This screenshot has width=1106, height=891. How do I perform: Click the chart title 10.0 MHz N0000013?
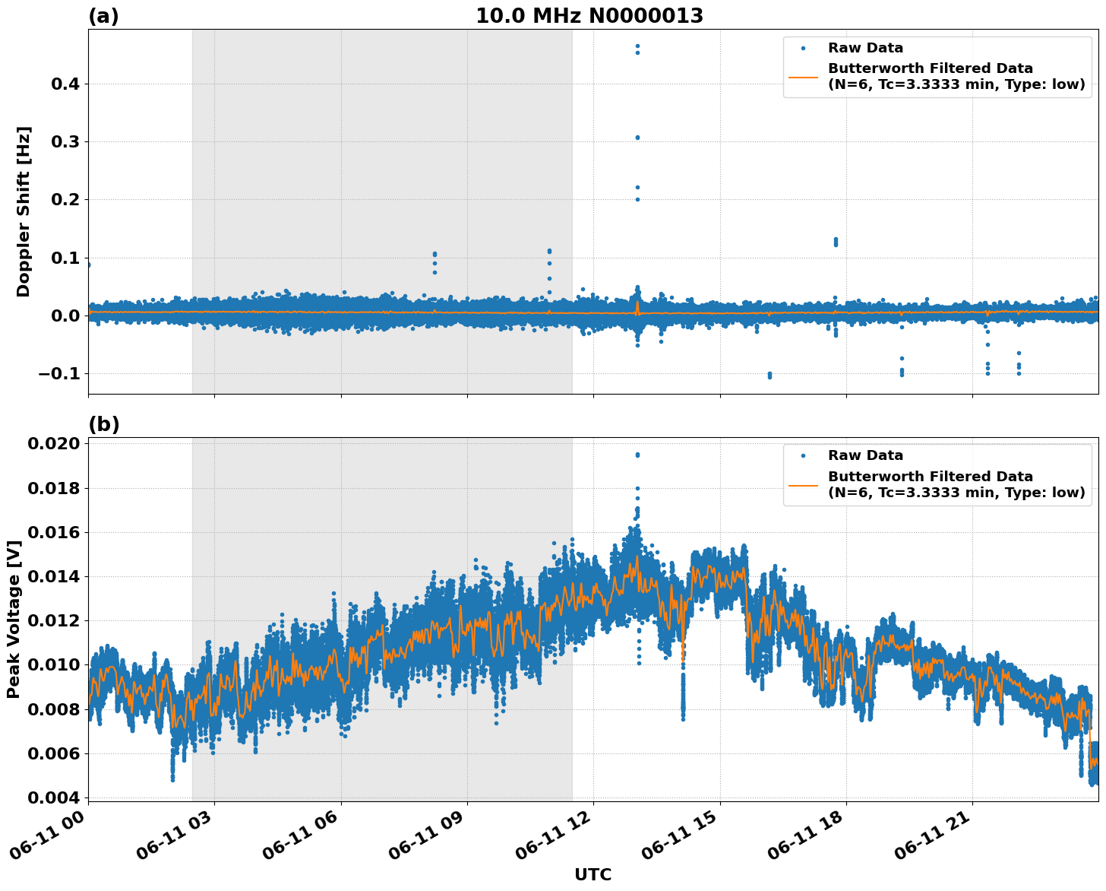click(x=589, y=16)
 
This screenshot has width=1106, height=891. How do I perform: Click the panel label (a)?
click(x=103, y=16)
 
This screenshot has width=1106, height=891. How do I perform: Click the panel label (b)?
click(x=104, y=424)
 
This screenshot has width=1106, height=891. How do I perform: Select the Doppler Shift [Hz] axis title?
click(x=24, y=211)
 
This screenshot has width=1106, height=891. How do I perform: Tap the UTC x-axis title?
click(x=592, y=874)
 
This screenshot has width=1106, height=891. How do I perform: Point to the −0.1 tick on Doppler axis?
click(x=58, y=373)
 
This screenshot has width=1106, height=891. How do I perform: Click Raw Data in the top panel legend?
click(x=865, y=48)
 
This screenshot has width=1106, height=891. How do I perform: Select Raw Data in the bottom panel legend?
click(x=865, y=455)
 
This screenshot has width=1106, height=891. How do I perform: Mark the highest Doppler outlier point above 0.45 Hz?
click(x=637, y=46)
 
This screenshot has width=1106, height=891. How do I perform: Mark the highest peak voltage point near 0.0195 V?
click(x=637, y=455)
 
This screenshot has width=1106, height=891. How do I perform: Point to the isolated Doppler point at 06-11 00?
click(x=89, y=265)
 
